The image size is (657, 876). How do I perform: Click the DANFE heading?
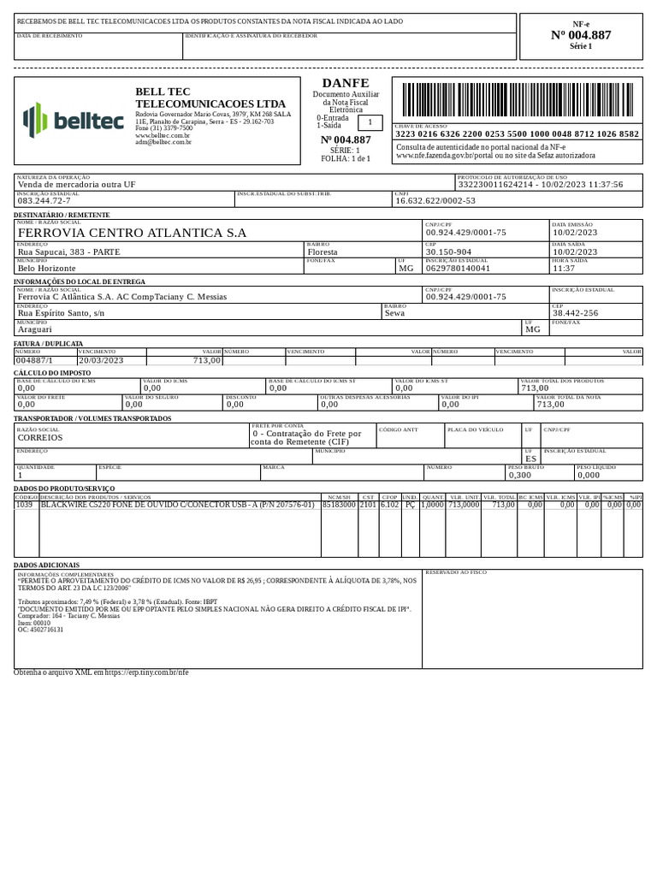[x=346, y=83]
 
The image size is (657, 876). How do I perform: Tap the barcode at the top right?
[x=517, y=102]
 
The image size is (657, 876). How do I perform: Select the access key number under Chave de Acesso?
[x=517, y=134]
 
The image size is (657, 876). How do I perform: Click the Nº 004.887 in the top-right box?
[x=581, y=35]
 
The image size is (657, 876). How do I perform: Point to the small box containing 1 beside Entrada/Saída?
[x=369, y=122]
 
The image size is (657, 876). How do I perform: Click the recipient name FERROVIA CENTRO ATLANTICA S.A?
[x=132, y=233]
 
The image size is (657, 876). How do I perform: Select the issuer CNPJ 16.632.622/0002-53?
[x=435, y=200]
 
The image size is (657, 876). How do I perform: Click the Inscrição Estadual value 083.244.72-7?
[x=44, y=200]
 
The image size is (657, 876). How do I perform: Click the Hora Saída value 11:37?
[x=565, y=268]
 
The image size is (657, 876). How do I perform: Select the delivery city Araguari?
[x=36, y=328]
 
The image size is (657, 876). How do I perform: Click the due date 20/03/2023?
[x=101, y=361]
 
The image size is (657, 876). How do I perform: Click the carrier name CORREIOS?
[x=40, y=436]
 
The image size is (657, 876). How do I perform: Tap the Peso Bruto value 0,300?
[x=519, y=475]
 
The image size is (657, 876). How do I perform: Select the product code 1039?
[x=25, y=506]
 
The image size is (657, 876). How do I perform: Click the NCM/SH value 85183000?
[x=338, y=506]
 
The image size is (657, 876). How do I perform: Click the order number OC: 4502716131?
[x=41, y=630]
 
